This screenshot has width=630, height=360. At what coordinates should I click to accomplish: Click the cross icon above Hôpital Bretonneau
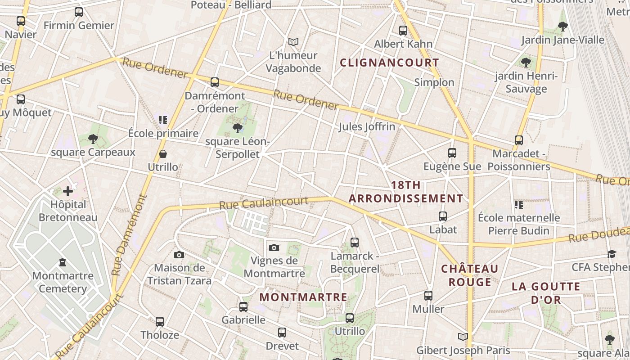68,192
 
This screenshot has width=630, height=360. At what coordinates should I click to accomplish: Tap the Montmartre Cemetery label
63,282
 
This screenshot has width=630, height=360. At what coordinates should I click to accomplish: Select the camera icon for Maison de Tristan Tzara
179,255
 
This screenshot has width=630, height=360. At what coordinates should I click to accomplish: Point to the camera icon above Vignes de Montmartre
274,248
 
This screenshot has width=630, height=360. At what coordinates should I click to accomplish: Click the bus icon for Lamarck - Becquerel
355,243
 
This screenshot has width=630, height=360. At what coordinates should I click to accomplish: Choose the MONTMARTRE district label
303,297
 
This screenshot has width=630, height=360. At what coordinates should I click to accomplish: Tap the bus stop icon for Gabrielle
243,307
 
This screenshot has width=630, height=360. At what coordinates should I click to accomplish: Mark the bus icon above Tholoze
160,322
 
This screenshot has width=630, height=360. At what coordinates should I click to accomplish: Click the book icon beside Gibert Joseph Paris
463,337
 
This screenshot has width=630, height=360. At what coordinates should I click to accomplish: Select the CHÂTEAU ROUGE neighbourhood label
470,275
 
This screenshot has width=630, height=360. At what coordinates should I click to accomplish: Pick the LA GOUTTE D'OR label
546,293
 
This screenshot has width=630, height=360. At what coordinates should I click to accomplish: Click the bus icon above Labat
443,216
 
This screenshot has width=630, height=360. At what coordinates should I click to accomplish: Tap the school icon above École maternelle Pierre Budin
518,205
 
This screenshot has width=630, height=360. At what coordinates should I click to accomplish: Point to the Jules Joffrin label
367,127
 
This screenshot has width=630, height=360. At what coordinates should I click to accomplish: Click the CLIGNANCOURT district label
389,63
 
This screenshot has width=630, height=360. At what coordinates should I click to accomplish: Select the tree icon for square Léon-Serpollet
237,129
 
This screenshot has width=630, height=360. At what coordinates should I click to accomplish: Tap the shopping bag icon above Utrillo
163,154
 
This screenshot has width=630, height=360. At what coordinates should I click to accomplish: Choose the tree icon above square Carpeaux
93,139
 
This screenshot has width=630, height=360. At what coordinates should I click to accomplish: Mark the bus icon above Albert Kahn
403,31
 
